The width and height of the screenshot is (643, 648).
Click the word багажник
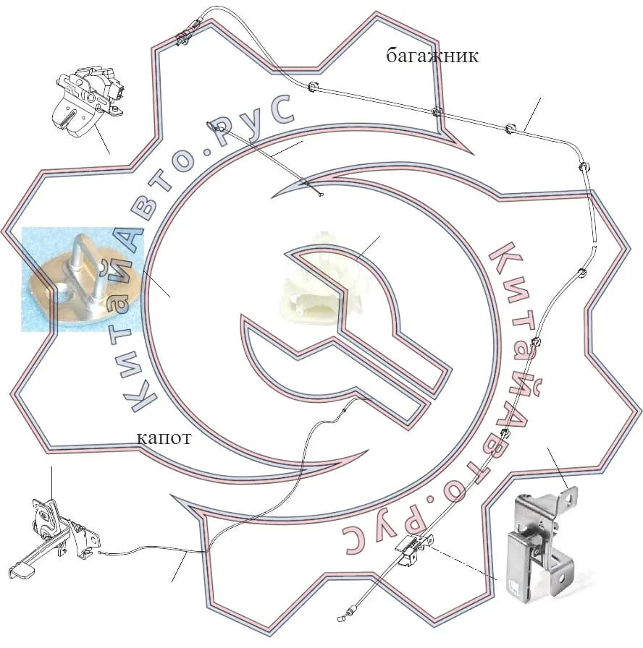pyautogui.click(x=432, y=56)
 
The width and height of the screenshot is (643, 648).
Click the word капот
pyautogui.click(x=164, y=438)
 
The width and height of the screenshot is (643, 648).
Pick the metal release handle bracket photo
pyautogui.click(x=542, y=543)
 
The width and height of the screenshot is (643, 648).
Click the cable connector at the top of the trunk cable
pyautogui.click(x=191, y=31)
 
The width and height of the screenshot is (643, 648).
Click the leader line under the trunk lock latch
pyautogui.click(x=101, y=138)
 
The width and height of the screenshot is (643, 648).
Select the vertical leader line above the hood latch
pyautogui.click(x=51, y=484)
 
